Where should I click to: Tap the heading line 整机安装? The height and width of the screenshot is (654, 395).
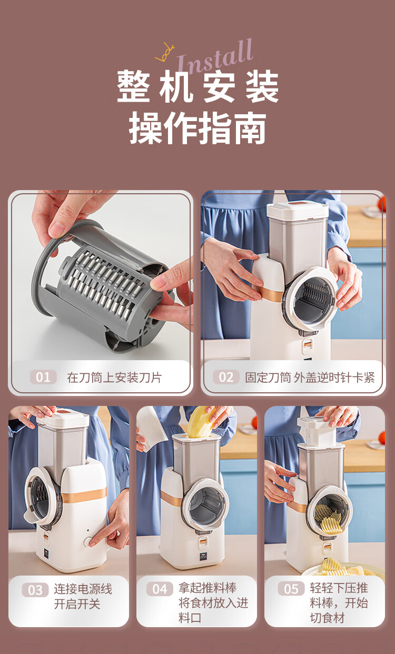click(197, 87)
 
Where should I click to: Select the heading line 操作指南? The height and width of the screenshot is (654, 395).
click(197, 128)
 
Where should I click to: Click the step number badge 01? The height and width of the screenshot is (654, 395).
click(43, 377)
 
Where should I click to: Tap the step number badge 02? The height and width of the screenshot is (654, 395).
click(226, 377)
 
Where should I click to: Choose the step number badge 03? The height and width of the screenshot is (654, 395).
click(35, 590)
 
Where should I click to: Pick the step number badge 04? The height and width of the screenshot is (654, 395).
click(160, 589)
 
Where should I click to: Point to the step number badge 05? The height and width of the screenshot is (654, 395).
click(291, 589)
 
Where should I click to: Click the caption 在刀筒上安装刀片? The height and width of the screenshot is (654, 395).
click(114, 378)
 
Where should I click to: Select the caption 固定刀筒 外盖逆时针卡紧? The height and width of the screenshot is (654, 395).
click(310, 378)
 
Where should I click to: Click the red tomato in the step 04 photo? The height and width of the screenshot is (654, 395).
click(254, 422)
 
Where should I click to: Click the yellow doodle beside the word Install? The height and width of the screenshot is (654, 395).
click(165, 53)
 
